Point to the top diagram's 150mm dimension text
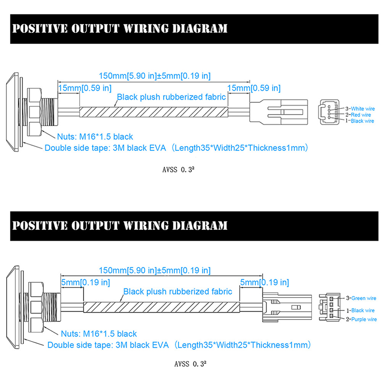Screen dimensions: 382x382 [x=154, y=75]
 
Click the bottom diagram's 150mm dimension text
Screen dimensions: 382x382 [x=154, y=270]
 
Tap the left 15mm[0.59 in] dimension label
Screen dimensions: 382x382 [x=85, y=88]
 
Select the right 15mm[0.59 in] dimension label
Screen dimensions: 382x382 [x=254, y=88]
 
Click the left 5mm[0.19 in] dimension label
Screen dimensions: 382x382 [x=86, y=283]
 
